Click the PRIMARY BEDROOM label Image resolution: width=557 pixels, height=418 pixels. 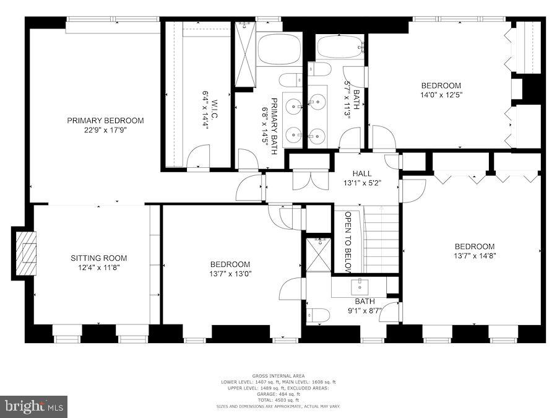pyautogui.click(x=105, y=120)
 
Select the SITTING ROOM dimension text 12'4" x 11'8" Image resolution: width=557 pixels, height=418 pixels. pyautogui.click(x=98, y=268)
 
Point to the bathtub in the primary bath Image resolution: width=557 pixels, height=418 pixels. pyautogui.click(x=279, y=49)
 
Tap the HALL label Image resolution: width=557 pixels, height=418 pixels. pyautogui.click(x=362, y=173)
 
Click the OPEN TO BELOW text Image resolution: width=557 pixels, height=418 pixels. pyautogui.click(x=348, y=242)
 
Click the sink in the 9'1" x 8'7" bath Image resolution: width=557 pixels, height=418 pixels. pyautogui.click(x=360, y=287)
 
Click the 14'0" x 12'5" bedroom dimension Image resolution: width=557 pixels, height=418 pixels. pyautogui.click(x=441, y=95)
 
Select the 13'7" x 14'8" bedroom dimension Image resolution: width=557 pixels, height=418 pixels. pyautogui.click(x=475, y=255)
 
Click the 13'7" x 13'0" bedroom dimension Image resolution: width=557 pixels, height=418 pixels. pyautogui.click(x=230, y=273)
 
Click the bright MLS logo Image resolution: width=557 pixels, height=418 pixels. pyautogui.click(x=34, y=406)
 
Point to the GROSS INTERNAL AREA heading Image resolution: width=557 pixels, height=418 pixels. pyautogui.click(x=278, y=376)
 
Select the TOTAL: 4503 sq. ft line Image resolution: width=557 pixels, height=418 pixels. pyautogui.click(x=278, y=399)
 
